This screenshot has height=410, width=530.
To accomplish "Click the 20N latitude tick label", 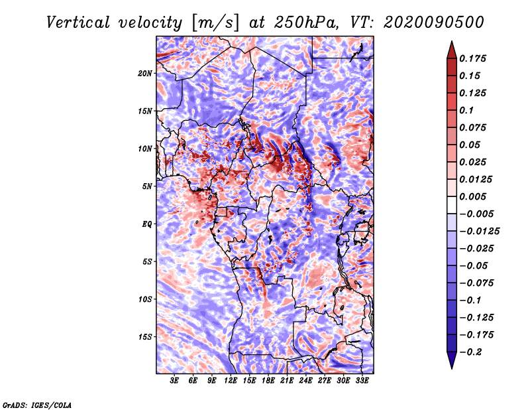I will pyautogui.click(x=145, y=73).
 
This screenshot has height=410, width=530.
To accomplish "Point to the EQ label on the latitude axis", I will pyautogui.click(x=147, y=224).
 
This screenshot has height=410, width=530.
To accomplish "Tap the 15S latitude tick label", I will pyautogui.click(x=145, y=337).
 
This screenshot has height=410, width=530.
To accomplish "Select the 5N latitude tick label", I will pyautogui.click(x=147, y=186).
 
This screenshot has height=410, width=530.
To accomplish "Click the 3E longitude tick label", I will pyautogui.click(x=175, y=381).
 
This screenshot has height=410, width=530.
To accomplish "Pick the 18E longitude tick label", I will pyautogui.click(x=268, y=381).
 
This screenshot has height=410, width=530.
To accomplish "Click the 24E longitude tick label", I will pyautogui.click(x=306, y=381).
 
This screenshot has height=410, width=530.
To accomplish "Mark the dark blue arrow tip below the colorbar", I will pyautogui.click(x=451, y=363).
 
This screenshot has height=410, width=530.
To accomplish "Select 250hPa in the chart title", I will pyautogui.click(x=307, y=23).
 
